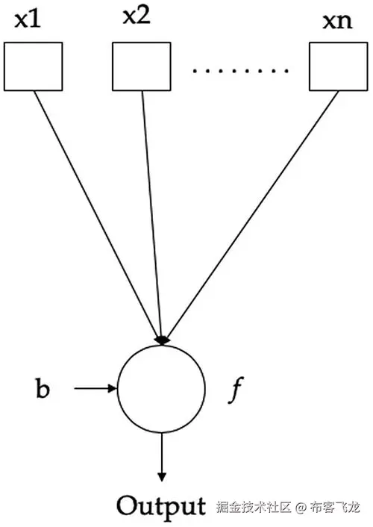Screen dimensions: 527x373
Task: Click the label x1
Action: (27, 19)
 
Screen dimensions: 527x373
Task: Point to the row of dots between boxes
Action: (240, 72)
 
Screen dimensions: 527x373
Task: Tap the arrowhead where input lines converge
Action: (162, 340)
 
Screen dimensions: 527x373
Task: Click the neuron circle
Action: (161, 388)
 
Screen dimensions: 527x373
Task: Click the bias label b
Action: (43, 389)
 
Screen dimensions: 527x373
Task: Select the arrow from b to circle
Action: (95, 388)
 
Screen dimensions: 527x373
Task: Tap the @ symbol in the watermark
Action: (301, 508)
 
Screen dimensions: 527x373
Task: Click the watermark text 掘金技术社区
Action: (253, 508)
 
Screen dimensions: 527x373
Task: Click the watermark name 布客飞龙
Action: (339, 508)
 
